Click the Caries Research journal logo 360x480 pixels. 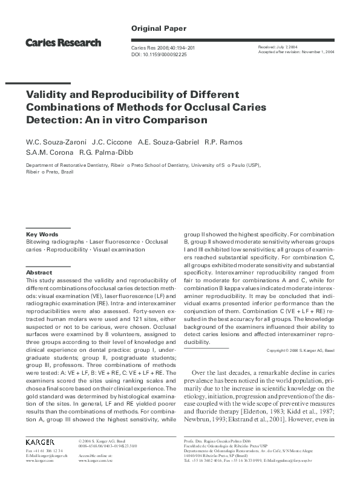[x=63, y=43]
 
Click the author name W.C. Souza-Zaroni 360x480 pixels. [x=53, y=141]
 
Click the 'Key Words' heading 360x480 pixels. [x=42, y=234]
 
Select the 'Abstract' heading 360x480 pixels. [x=40, y=273]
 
